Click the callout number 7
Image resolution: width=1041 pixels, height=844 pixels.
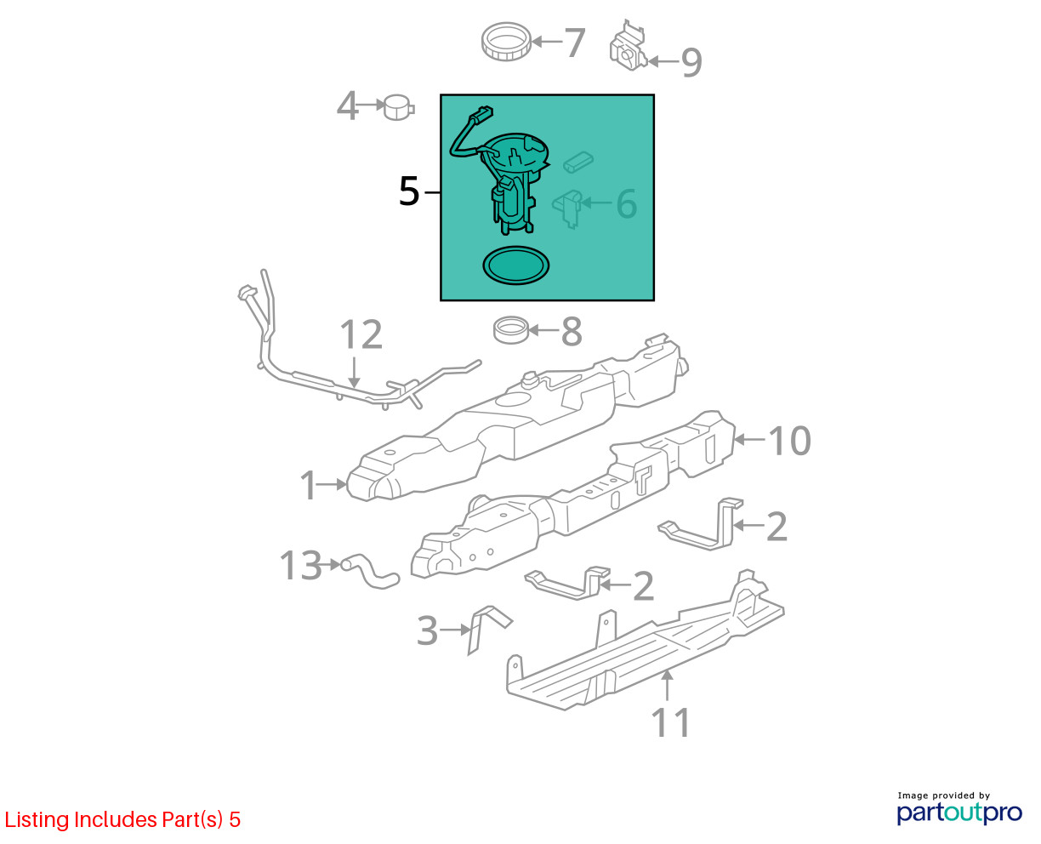tap(574, 42)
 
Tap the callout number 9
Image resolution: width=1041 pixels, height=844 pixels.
tap(691, 63)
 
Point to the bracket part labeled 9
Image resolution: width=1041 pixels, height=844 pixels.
tap(627, 47)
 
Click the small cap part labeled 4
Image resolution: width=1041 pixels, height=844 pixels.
tap(398, 107)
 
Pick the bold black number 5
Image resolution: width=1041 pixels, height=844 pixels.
tap(408, 191)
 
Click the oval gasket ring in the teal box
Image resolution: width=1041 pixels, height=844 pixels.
tap(515, 265)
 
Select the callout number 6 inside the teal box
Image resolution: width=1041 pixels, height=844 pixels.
tap(626, 203)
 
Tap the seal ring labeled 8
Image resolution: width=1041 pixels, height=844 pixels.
tap(511, 330)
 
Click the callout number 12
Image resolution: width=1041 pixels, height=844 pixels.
tap(361, 334)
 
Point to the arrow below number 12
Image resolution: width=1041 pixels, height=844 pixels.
tap(355, 373)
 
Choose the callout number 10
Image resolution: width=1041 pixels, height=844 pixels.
tap(789, 441)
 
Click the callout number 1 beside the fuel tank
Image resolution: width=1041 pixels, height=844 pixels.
tap(309, 485)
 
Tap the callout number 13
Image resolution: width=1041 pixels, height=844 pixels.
tap(300, 565)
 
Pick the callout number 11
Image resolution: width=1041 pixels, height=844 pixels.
tap(670, 721)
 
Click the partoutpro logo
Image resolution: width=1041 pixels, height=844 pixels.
tap(959, 813)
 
